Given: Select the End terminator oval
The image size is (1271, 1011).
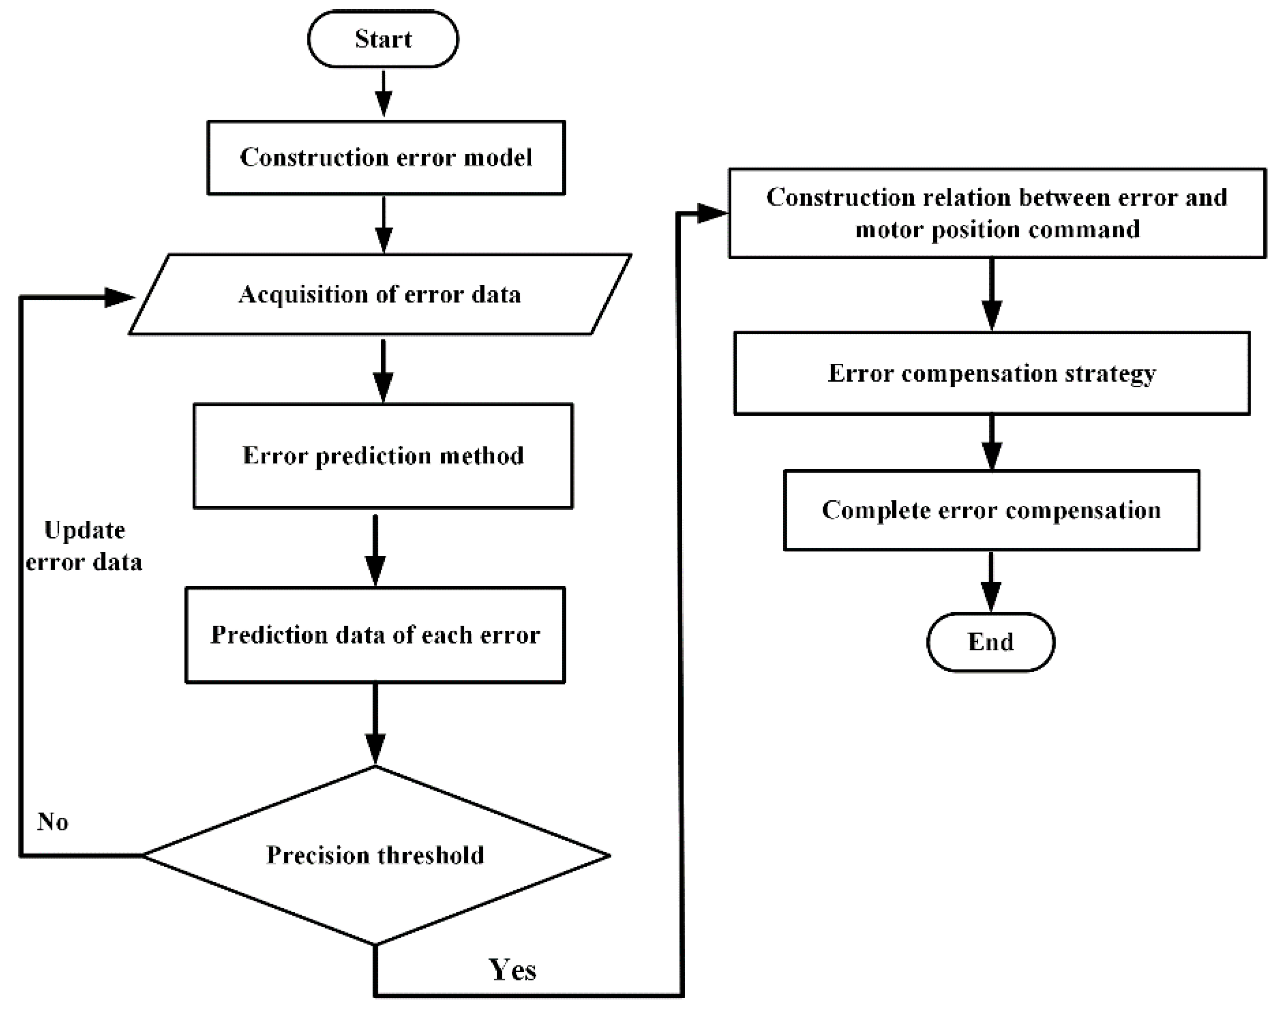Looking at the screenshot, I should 991,642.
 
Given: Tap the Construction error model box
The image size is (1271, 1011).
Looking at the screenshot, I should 386,157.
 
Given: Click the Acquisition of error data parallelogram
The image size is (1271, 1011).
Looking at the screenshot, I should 380,294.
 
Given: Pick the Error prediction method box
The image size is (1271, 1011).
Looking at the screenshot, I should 383,456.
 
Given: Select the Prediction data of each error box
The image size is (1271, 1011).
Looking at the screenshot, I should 375,635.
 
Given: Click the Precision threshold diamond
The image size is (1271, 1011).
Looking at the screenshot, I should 375,855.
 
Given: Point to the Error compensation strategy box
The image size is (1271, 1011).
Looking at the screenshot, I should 992,373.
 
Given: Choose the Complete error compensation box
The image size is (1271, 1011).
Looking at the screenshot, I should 991,510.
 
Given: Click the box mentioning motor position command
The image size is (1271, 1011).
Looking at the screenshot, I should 997,213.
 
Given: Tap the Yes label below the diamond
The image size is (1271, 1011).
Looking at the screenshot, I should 512,970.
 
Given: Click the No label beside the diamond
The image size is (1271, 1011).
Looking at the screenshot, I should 52,821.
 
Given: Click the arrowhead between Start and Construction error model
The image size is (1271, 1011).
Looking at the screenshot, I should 384,105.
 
